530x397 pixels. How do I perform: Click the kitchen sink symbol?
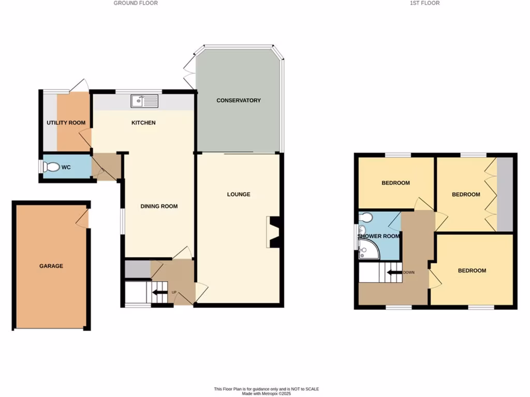click(x=144, y=101)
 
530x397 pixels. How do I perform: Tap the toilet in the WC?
click(x=52, y=167)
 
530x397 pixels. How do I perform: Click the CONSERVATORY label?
click(x=239, y=100)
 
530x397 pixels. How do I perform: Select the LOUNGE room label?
click(x=239, y=194)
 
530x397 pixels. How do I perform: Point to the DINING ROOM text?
click(x=159, y=206)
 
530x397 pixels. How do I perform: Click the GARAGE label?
click(x=51, y=266)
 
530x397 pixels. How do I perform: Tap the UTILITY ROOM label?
click(x=66, y=123)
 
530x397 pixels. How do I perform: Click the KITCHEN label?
click(x=143, y=123)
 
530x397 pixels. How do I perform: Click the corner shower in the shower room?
click(x=370, y=250)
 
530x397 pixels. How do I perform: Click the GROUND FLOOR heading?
click(x=136, y=3)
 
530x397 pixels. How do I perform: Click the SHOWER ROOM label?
click(x=378, y=236)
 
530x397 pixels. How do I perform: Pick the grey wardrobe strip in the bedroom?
click(x=505, y=194)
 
